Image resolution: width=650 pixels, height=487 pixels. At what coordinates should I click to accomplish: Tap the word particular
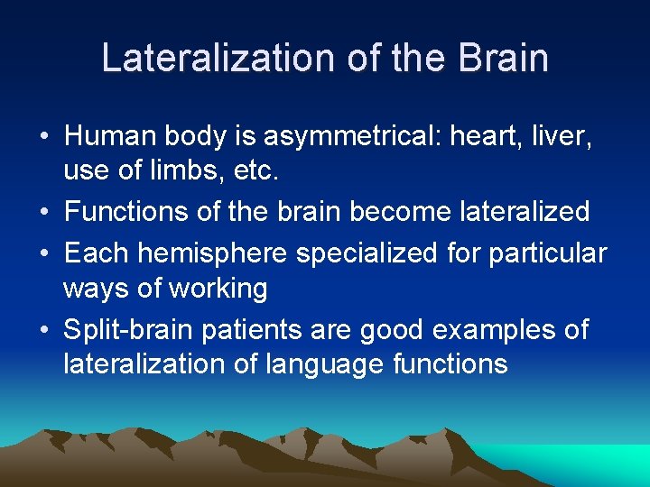click(548, 253)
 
